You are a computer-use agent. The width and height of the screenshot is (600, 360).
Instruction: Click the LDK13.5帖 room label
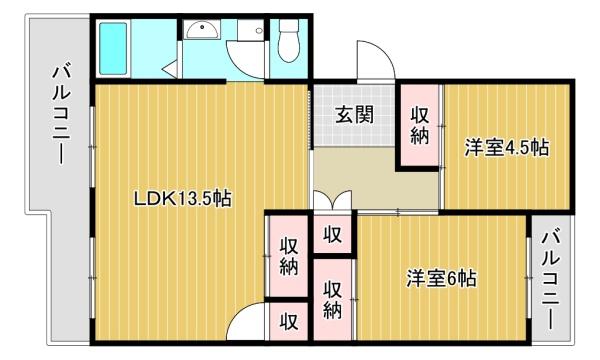point(182,198)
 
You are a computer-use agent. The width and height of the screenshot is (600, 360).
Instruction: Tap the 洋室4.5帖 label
point(507,147)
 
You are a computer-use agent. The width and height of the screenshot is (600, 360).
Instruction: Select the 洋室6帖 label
point(441,278)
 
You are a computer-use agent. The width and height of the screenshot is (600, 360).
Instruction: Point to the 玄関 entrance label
point(354,114)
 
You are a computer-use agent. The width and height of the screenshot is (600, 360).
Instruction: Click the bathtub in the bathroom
point(113,49)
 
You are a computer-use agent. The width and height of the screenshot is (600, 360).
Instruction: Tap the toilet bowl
point(289,41)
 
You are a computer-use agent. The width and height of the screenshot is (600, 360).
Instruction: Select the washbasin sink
point(202,30)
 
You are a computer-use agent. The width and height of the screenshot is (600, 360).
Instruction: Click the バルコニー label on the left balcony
point(61,115)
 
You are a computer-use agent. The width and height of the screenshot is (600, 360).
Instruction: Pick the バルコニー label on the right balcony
point(550,279)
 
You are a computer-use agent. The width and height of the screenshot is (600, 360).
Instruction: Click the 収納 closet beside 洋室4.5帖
point(420,125)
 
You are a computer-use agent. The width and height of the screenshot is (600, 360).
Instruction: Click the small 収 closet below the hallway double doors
point(333,234)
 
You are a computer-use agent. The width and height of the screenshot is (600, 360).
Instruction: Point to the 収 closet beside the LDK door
point(289,321)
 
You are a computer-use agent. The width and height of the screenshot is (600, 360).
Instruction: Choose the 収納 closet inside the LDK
point(289,256)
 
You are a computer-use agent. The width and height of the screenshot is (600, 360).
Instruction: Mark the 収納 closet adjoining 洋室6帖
point(333,300)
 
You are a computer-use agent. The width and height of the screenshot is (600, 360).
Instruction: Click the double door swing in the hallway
point(332,200)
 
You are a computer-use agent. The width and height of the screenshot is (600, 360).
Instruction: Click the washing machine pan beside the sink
point(251,30)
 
